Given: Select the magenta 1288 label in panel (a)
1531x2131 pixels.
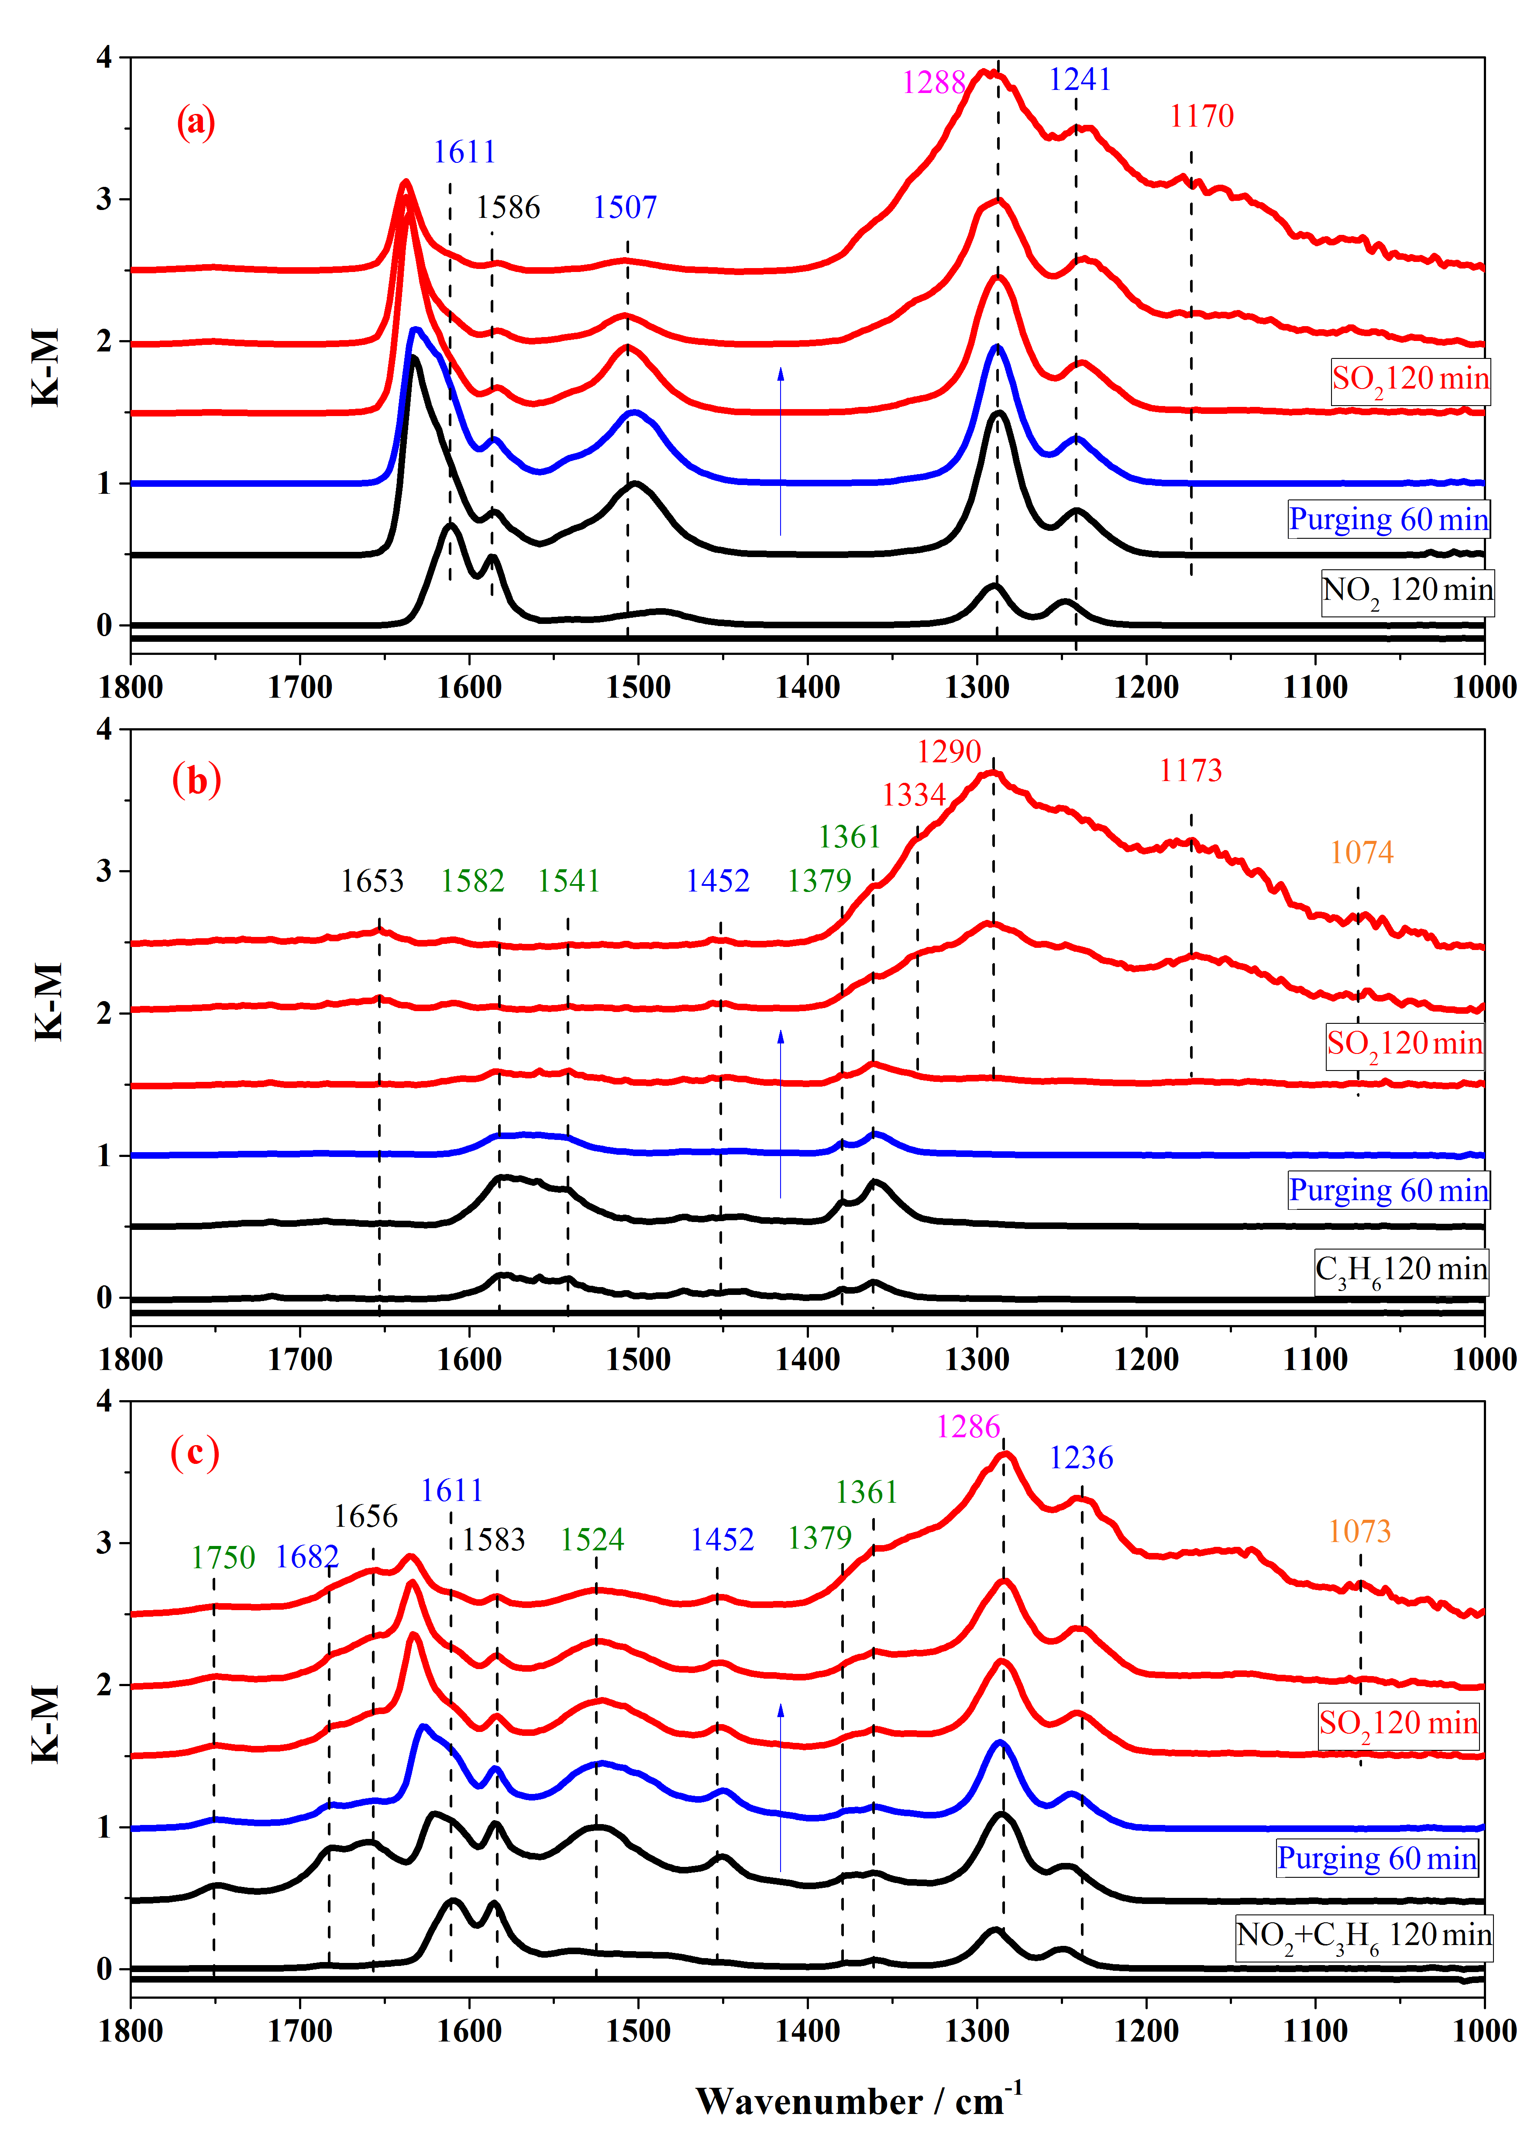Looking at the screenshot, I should (934, 83).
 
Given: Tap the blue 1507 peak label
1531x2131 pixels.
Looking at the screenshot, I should (625, 208).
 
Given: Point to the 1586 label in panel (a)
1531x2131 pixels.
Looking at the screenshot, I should (508, 208).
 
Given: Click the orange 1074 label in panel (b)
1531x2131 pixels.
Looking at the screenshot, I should (1361, 853).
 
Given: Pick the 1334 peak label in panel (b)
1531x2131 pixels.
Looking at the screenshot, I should (913, 796).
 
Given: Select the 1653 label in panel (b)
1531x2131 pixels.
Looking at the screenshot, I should (372, 881).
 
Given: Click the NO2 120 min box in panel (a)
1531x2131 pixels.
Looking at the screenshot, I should (1406, 592).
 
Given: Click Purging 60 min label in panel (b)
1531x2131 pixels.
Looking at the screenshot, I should (1387, 1191).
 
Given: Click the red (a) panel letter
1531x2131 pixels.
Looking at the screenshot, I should (196, 123).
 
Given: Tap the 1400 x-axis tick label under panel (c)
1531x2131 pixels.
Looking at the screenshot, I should (808, 2031).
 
